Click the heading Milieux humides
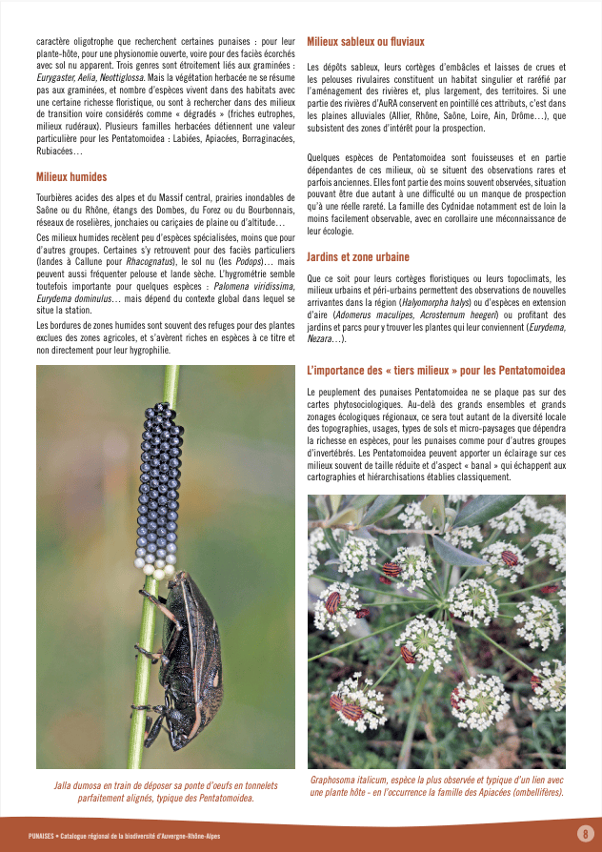click(x=70, y=176)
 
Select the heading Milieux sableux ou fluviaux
click(x=366, y=42)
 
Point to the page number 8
click(x=584, y=834)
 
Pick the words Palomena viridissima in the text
click(x=253, y=285)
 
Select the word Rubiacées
click(x=59, y=151)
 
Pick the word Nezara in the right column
click(x=324, y=339)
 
